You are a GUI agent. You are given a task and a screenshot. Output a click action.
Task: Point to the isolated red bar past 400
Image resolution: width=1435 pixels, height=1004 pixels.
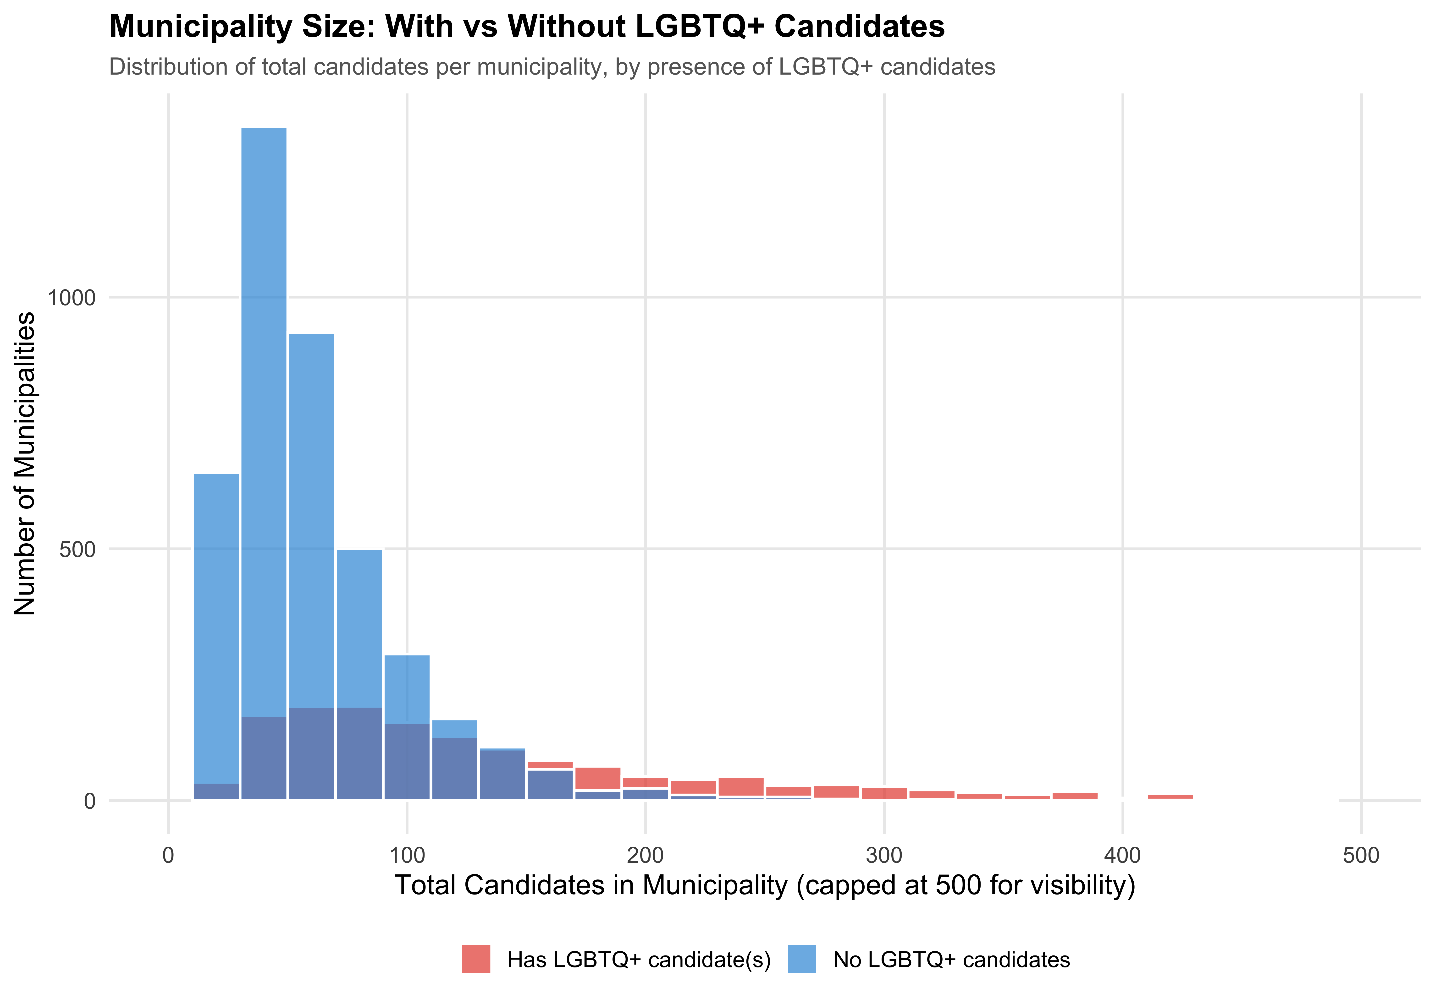[x=1170, y=797]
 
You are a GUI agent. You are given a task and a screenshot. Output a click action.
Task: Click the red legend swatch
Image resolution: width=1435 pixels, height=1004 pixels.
[x=476, y=959]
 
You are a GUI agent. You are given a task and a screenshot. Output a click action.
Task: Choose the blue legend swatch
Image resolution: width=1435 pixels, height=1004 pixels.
[x=802, y=959]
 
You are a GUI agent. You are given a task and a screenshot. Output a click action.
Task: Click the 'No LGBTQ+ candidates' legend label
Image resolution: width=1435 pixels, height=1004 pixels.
[x=951, y=960]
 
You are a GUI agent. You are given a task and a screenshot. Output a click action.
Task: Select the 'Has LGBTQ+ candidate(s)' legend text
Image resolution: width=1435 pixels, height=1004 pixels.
[x=639, y=960]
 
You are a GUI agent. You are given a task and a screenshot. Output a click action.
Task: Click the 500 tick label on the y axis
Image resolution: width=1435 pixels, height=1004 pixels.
[x=77, y=550]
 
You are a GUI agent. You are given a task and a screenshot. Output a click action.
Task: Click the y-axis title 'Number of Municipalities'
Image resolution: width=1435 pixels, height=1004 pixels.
[x=25, y=464]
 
